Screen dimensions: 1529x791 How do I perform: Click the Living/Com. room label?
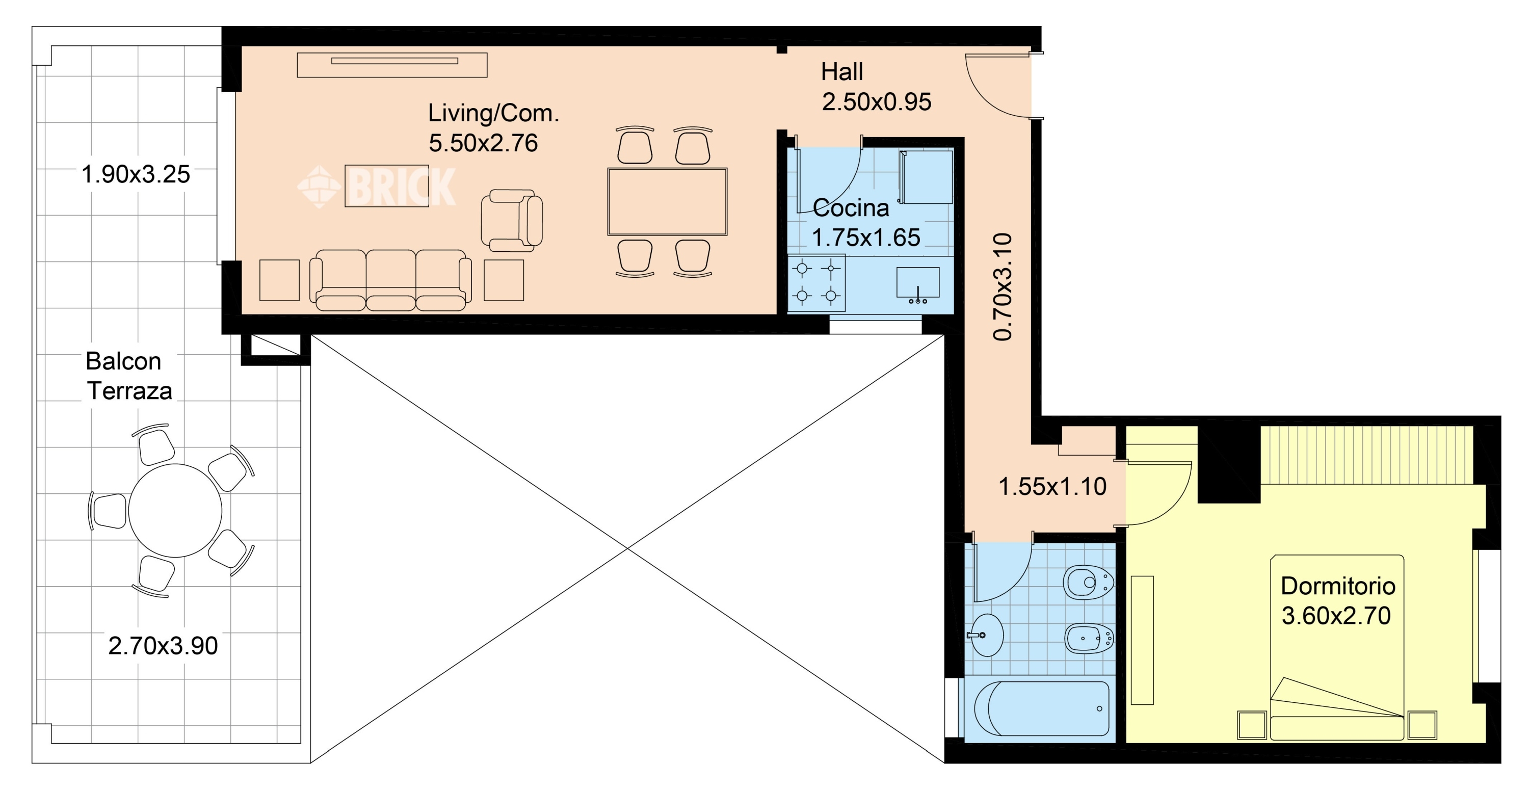[x=493, y=113]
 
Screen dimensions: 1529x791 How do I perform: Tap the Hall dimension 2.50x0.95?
[x=876, y=102]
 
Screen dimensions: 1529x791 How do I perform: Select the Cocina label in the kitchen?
[x=851, y=208]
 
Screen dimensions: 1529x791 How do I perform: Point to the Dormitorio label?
[x=1338, y=586]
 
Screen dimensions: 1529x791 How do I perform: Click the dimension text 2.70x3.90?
[x=163, y=646]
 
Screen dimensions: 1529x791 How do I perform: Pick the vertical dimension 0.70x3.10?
[x=1002, y=286]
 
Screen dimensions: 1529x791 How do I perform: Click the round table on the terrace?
[x=175, y=510]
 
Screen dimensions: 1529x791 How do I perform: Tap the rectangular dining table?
[x=667, y=202]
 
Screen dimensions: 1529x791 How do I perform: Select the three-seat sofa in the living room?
[x=390, y=280]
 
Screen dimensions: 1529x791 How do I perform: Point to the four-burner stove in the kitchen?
[x=816, y=283]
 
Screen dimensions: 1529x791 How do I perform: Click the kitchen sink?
[x=917, y=283]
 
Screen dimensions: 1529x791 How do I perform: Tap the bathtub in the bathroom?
[x=1042, y=708]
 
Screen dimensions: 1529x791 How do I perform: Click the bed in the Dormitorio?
[x=1337, y=647]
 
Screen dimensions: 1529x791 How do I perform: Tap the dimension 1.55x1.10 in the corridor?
[x=1052, y=487]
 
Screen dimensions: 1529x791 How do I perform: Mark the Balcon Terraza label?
[x=129, y=376]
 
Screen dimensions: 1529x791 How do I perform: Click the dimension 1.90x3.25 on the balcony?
[x=136, y=174]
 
